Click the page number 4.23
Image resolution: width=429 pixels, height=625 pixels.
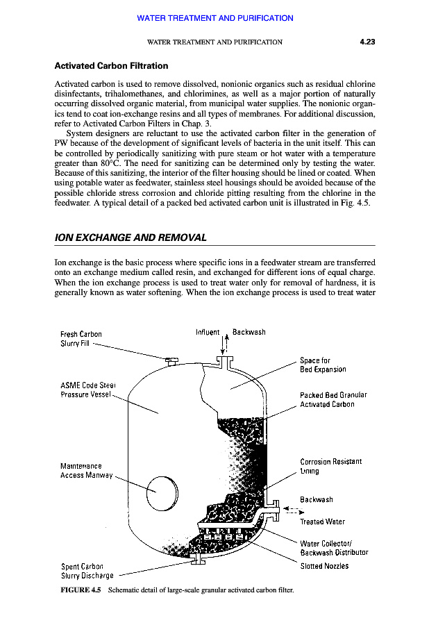point(367,42)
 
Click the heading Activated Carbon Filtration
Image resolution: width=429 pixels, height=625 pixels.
point(111,66)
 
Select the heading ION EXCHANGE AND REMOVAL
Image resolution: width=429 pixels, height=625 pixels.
point(131,237)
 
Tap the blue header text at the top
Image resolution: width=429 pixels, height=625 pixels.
point(215,18)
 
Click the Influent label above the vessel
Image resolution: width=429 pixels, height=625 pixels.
point(208,332)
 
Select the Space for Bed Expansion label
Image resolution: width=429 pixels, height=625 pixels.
point(323,365)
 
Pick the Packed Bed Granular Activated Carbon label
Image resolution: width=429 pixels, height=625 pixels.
point(333,399)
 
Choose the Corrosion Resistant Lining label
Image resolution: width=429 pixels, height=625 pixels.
point(330,465)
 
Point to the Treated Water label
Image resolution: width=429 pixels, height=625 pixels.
point(322,522)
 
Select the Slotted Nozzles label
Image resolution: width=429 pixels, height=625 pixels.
point(324,566)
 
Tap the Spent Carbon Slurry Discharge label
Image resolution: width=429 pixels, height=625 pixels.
point(87,571)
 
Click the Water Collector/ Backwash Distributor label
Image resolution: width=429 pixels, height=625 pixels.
point(333,548)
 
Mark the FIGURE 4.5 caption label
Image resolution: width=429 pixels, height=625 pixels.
point(81,591)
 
